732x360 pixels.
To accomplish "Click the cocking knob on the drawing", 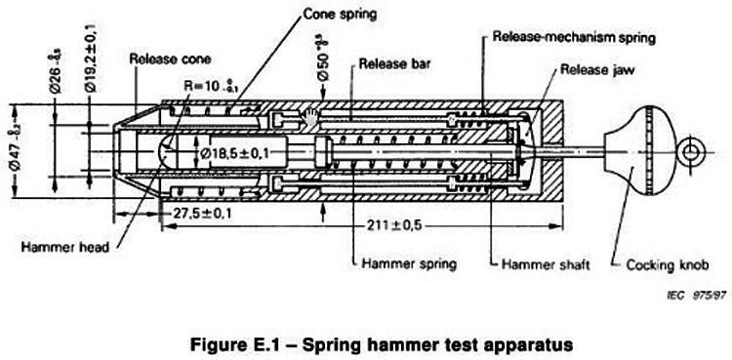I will point(633,152).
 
